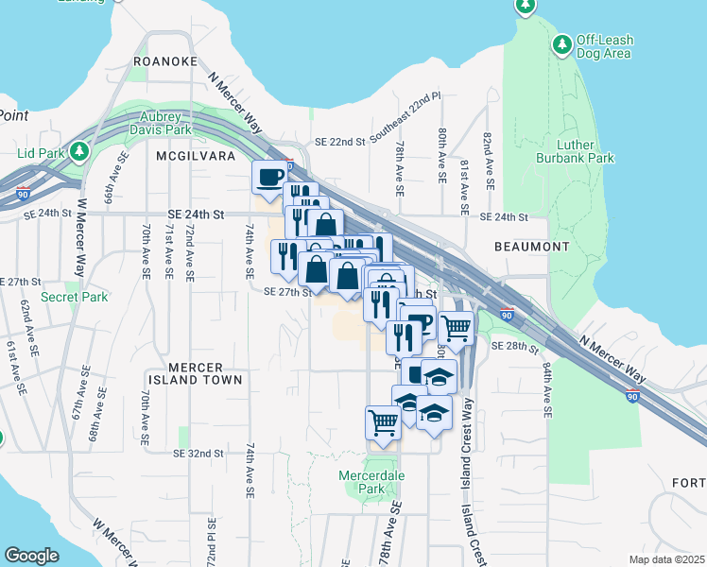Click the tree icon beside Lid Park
tap(79, 151)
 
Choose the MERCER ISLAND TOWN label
tap(194, 373)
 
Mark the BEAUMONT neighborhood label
tap(531, 247)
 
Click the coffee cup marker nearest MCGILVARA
tap(269, 176)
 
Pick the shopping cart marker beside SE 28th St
tap(456, 327)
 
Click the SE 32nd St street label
tap(198, 454)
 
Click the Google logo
tap(32, 556)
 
